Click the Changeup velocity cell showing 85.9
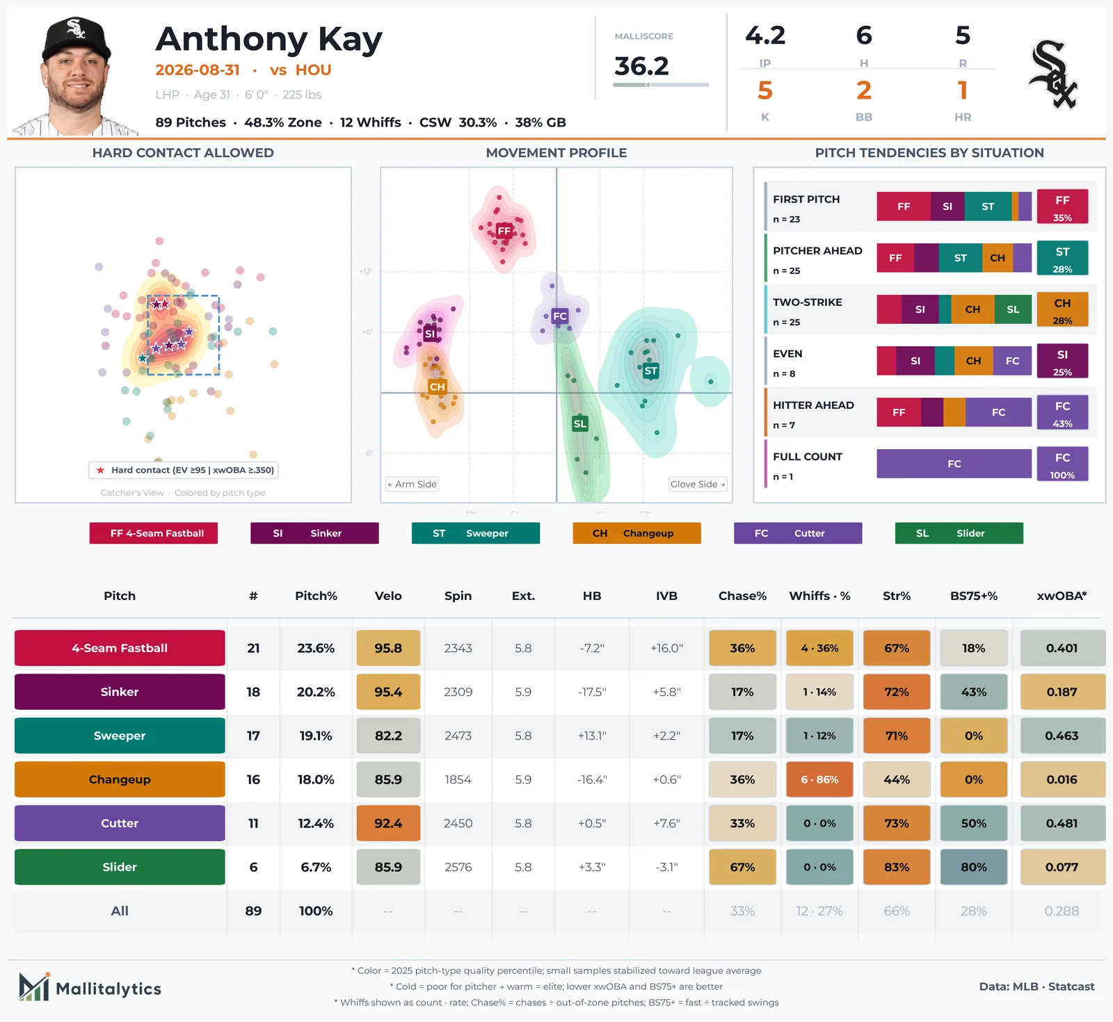[x=388, y=779]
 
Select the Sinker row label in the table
[x=120, y=692]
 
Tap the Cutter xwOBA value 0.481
[x=1062, y=823]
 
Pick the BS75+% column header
[x=974, y=596]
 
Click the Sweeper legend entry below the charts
[x=476, y=533]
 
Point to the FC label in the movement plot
[x=560, y=316]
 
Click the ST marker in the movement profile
[x=651, y=371]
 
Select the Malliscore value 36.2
[x=641, y=66]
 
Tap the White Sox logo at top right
[x=1052, y=75]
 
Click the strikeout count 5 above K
[x=765, y=90]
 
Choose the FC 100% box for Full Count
[x=1062, y=464]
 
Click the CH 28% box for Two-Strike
[x=1062, y=309]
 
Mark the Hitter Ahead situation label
[x=813, y=405]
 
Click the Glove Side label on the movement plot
[x=698, y=484]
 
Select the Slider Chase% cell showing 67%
[x=742, y=867]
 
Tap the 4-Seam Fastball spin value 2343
[x=458, y=648]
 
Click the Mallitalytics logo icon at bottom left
[x=34, y=987]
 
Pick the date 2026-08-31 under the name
[x=198, y=70]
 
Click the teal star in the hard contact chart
[x=143, y=359]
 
